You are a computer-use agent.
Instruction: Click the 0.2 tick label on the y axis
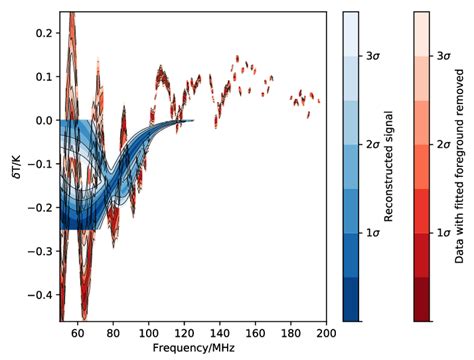tap(42, 32)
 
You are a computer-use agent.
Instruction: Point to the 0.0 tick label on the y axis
tap(42, 120)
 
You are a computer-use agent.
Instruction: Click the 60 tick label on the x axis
tap(78, 334)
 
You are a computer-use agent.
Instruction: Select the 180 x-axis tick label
tap(291, 334)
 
